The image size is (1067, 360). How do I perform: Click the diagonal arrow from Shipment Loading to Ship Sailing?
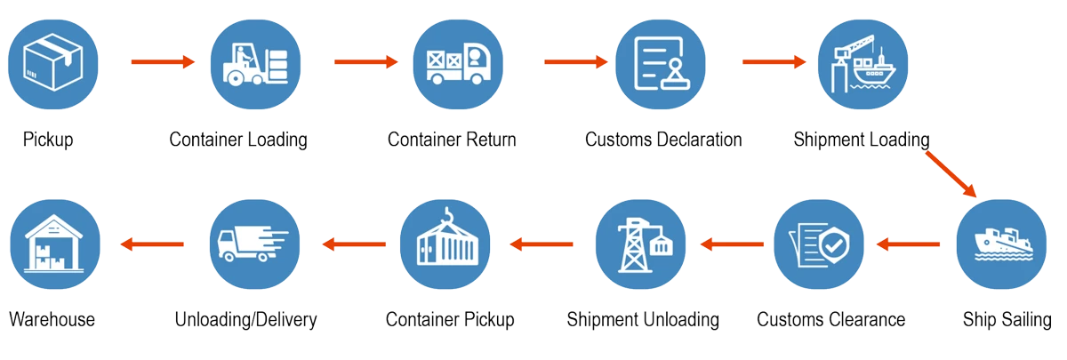(951, 174)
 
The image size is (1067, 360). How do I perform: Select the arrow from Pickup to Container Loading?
(162, 62)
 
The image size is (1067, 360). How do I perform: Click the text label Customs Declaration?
(664, 140)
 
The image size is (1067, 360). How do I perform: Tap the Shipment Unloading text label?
(643, 319)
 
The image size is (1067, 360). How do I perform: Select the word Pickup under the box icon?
(48, 140)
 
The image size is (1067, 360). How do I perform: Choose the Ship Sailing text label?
(1007, 319)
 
